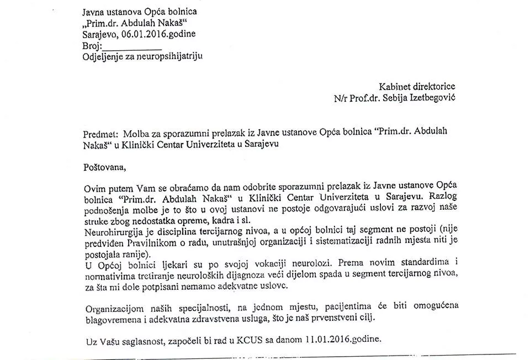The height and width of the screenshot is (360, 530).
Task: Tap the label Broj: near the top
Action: (x=92, y=45)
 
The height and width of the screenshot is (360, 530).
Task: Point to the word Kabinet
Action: (x=394, y=87)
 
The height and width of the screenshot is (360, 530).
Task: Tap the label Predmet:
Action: (x=100, y=134)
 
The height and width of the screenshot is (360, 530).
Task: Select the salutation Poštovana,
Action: (x=104, y=166)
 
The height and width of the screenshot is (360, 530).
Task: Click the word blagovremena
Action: (x=112, y=319)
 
